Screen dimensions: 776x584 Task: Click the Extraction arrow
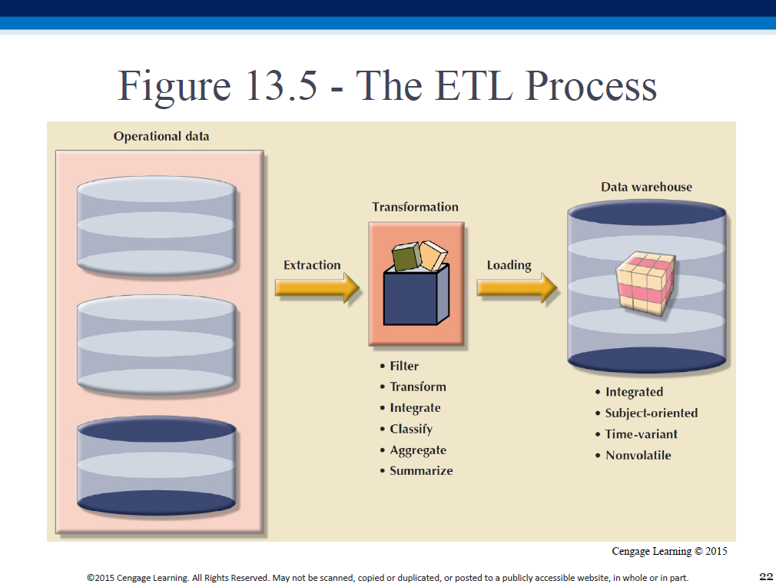point(317,287)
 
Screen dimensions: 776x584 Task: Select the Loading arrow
point(517,287)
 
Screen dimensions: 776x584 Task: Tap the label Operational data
point(161,137)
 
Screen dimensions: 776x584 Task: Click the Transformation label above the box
point(415,207)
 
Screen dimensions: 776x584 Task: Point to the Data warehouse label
point(646,187)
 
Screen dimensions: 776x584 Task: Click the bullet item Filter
point(404,367)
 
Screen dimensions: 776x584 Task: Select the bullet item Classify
point(411,429)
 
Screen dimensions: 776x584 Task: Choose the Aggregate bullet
point(418,450)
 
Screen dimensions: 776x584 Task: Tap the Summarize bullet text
point(421,471)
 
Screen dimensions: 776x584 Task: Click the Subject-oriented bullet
point(652,413)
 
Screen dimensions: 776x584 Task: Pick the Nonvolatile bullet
point(638,456)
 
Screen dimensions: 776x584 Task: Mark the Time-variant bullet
point(642,434)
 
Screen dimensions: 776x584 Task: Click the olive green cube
point(406,257)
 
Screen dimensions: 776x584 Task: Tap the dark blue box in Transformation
point(416,295)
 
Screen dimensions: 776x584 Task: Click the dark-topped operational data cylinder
point(157,466)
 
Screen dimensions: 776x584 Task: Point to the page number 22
point(766,576)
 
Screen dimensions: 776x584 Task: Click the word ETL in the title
point(473,85)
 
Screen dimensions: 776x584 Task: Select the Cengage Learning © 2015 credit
point(670,551)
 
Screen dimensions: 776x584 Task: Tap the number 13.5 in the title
point(280,85)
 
